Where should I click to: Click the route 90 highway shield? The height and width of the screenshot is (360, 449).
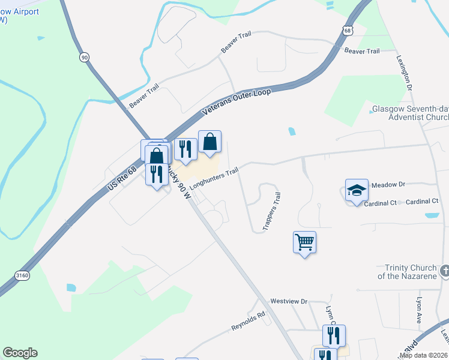(84, 56)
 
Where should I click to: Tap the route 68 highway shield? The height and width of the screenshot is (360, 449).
(349, 30)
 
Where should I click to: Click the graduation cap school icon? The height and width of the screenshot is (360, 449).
(356, 190)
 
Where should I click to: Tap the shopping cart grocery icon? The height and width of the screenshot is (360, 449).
(304, 242)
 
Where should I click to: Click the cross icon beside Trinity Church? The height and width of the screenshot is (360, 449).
(444, 271)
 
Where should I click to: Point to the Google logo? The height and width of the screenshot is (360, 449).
(20, 353)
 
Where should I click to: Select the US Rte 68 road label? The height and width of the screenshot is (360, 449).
(122, 179)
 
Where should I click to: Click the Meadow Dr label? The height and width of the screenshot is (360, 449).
(389, 185)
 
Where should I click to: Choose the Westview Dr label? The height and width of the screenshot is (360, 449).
(289, 301)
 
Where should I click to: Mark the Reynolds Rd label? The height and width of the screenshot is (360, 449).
(249, 321)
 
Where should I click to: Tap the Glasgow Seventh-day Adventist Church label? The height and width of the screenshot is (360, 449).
(409, 114)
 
